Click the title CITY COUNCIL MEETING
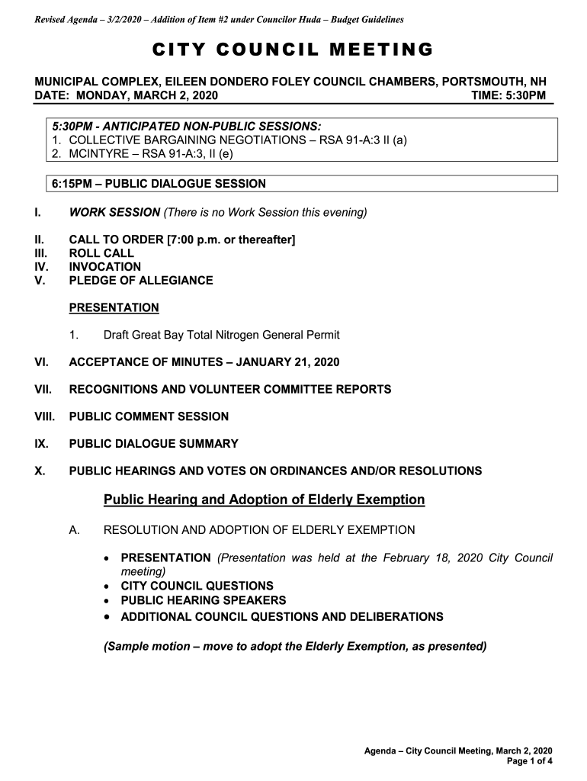[293, 50]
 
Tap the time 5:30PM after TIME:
[518, 95]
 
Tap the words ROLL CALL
[101, 253]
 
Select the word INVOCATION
[105, 267]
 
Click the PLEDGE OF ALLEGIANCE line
[141, 281]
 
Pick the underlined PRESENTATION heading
[114, 308]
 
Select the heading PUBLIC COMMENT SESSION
[149, 416]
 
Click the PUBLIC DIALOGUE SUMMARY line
[154, 444]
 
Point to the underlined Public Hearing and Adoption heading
[264, 500]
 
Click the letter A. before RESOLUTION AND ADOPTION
[74, 530]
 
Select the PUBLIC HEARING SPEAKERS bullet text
[204, 601]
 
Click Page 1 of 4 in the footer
[529, 761]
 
